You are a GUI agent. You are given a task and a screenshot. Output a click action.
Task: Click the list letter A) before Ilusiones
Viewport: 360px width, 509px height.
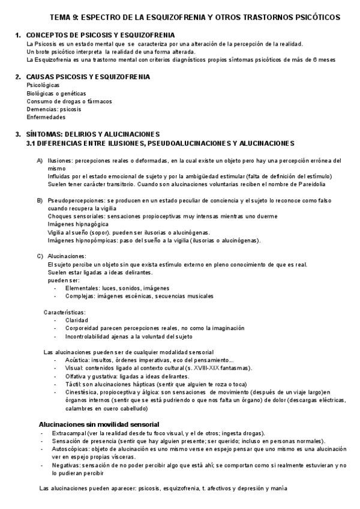[40, 161]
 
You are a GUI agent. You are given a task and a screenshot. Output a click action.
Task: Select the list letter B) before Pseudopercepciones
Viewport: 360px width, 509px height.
[40, 200]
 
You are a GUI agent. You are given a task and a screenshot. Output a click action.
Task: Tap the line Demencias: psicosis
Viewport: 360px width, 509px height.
[54, 109]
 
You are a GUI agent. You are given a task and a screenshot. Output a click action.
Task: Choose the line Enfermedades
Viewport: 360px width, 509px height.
[46, 118]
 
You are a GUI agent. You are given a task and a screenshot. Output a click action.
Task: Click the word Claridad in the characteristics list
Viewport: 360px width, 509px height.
[77, 321]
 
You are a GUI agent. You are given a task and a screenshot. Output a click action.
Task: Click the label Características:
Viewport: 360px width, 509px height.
[64, 312]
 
